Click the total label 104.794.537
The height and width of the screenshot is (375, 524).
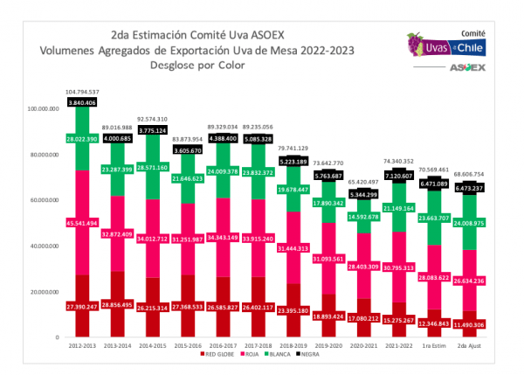(82, 92)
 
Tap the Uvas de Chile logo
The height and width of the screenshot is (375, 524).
(445, 42)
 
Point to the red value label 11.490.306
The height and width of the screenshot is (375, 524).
(480, 324)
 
